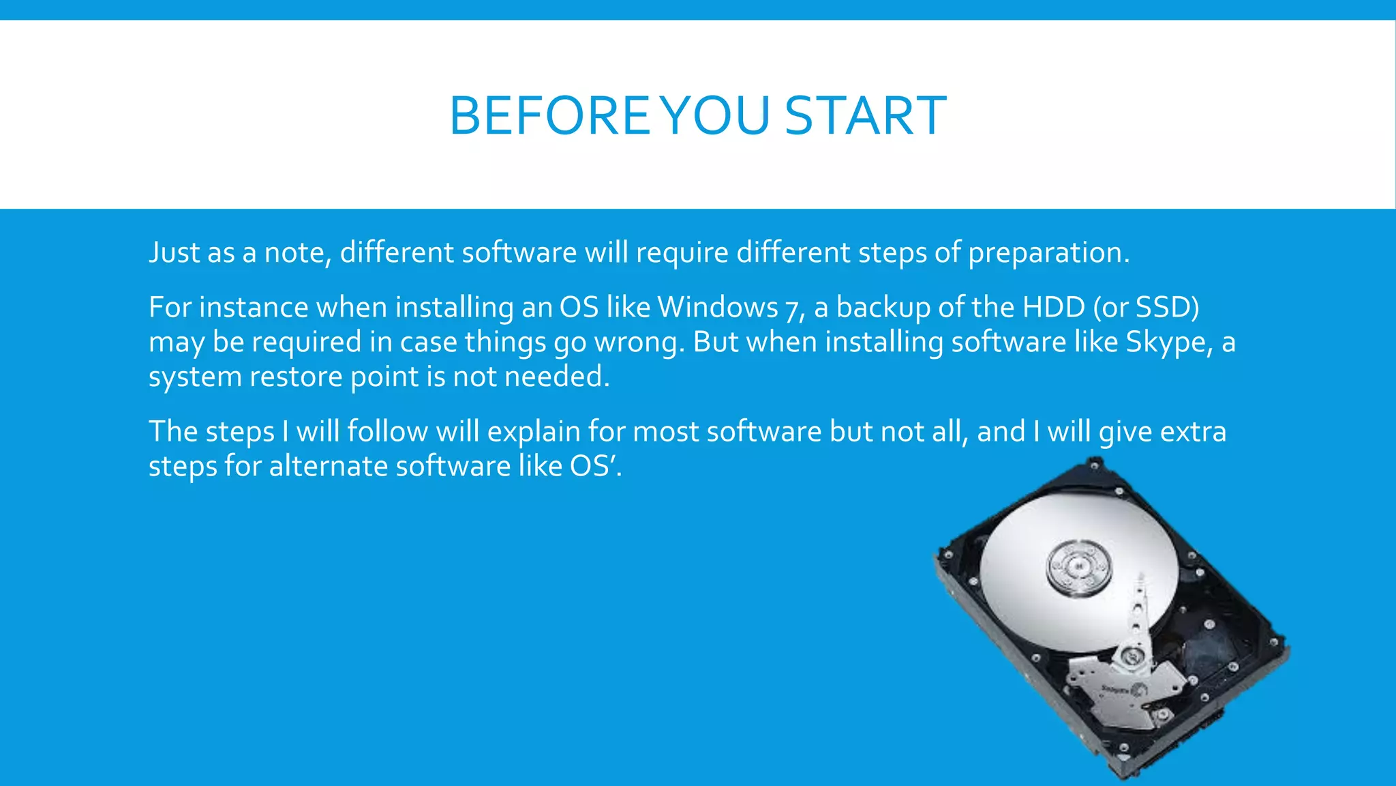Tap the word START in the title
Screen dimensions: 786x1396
[865, 115]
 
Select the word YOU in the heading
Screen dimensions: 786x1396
[716, 115]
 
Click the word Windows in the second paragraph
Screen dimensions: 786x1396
[717, 307]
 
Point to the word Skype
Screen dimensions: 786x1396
[1165, 343]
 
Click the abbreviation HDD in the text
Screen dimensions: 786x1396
[1054, 307]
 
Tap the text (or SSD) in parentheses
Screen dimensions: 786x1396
[1146, 307]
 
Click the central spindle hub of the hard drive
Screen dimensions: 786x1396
[1078, 566]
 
